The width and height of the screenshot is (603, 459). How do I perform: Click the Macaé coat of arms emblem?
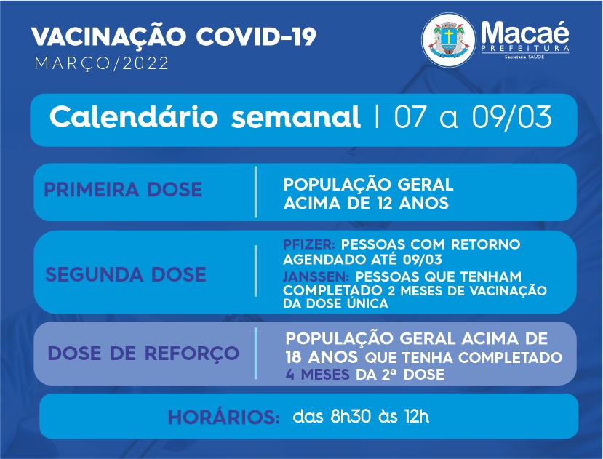point(448,39)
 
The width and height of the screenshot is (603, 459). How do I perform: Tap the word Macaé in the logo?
point(525,32)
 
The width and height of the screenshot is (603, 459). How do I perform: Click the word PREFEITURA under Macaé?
point(525,49)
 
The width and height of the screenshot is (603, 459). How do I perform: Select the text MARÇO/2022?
point(102,63)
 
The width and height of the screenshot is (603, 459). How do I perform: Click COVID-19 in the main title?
point(256,37)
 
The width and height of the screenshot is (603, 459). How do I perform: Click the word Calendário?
point(133,116)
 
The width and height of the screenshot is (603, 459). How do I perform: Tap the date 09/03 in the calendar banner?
point(512,116)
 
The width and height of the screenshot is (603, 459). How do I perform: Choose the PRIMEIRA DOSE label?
point(123,189)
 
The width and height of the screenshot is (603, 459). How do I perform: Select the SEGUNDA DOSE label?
point(126,274)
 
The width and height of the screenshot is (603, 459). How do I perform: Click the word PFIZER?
point(309,244)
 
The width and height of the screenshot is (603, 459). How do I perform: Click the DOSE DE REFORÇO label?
point(143,354)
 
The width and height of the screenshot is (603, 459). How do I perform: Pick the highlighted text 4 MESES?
point(317,375)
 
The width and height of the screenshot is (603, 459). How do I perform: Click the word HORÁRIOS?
point(224,418)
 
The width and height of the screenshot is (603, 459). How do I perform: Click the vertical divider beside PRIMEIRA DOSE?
point(256,192)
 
